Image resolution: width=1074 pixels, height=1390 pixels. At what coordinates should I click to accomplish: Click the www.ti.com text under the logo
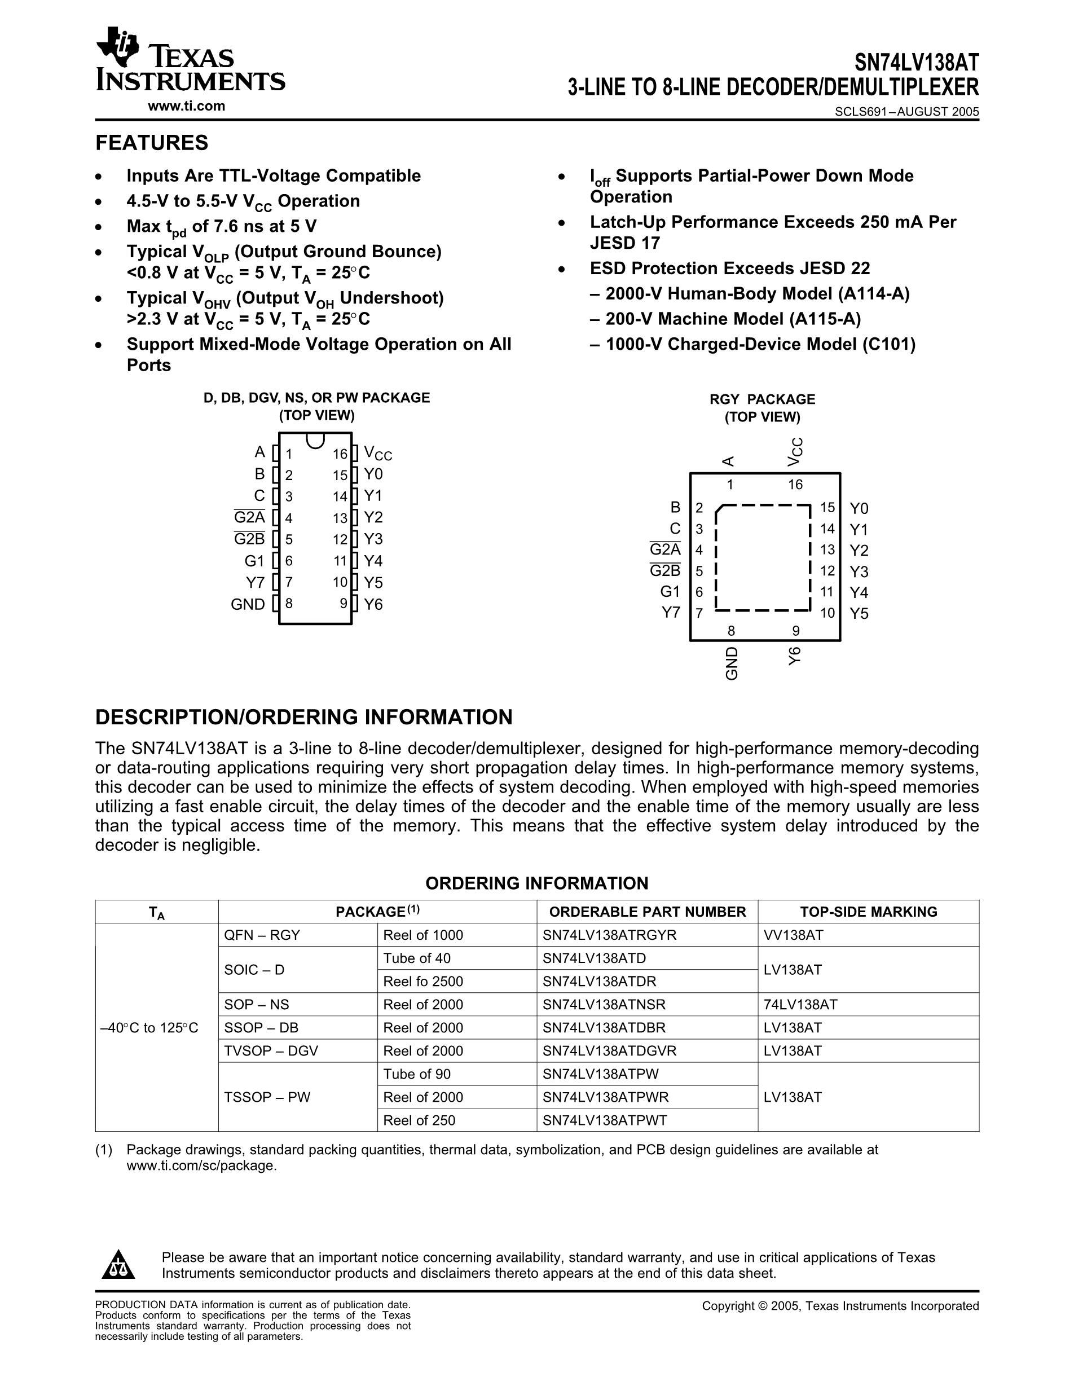coord(186,106)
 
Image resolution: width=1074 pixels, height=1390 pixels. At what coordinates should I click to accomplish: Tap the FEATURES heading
coord(151,143)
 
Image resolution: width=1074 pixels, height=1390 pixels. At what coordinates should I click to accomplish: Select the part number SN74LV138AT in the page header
coord(915,63)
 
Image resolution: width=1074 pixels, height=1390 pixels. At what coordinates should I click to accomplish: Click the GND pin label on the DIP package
coord(248,604)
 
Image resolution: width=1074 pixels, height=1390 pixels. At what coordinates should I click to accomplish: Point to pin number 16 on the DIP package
coord(340,454)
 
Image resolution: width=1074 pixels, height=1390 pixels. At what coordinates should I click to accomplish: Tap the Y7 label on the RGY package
coord(671,612)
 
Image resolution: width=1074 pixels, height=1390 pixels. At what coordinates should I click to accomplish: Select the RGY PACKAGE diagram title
coord(762,399)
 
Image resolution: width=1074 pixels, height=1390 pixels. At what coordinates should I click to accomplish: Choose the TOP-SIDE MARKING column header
coord(869,912)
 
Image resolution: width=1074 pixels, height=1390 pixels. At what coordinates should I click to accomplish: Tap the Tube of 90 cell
coord(417,1074)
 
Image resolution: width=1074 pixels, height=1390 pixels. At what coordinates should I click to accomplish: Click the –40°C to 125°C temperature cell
coord(149,1027)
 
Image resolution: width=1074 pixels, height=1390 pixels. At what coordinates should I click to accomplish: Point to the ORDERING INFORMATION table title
coord(536,883)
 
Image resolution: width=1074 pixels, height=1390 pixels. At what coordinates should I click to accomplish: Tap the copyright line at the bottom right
coord(840,1306)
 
